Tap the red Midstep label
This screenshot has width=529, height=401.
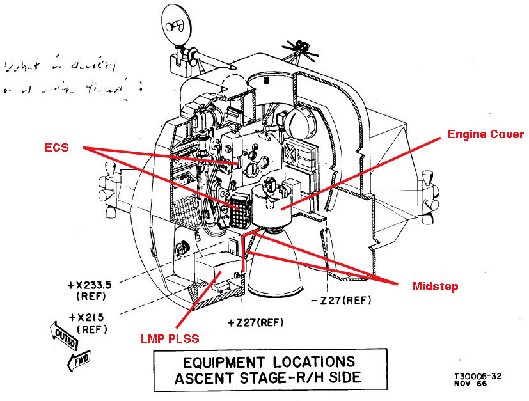click(x=435, y=287)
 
